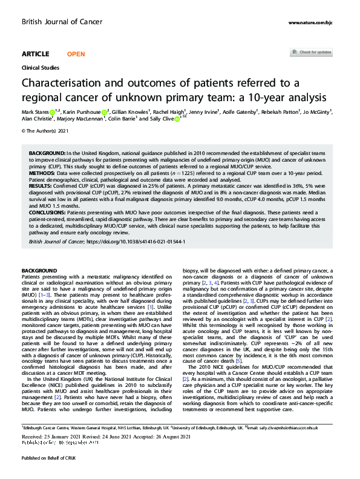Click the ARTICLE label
pyautogui.click(x=36, y=53)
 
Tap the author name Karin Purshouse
pyautogui.click(x=80, y=111)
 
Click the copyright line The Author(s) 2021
pyautogui.click(x=44, y=130)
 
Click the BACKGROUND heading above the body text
pyautogui.click(x=39, y=269)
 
